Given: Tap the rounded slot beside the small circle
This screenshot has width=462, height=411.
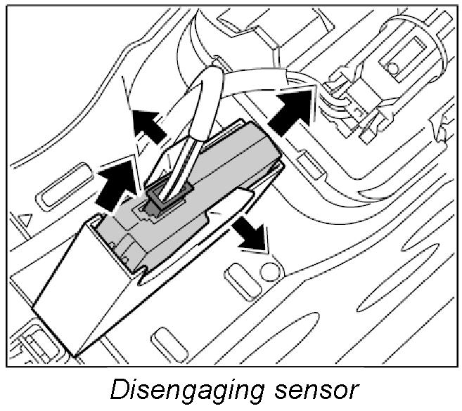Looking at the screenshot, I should point(237,278).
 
